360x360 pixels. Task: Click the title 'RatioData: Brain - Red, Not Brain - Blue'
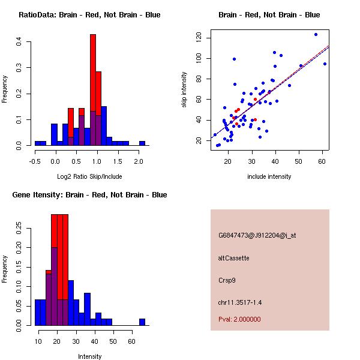[89, 15]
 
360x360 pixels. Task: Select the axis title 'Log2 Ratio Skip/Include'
[89, 176]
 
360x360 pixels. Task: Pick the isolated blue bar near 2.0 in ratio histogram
[142, 143]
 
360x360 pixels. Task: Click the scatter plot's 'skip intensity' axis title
[185, 90]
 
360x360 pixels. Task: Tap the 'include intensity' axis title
[269, 176]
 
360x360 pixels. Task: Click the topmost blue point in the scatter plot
[316, 35]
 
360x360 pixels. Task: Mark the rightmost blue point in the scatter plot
[325, 64]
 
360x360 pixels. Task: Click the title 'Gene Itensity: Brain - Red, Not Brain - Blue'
[89, 195]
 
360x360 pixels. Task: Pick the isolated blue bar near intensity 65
[142, 322]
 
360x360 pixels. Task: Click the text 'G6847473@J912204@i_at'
[257, 235]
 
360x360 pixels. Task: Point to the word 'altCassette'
[233, 258]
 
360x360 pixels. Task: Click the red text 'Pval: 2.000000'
[239, 319]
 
